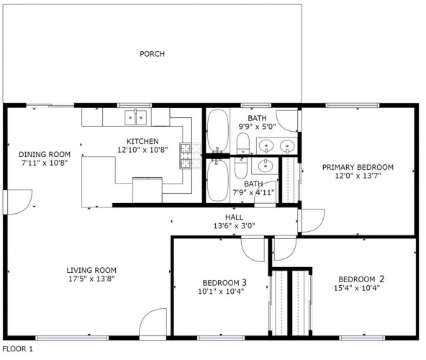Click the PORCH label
152,54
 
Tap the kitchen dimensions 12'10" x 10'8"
142,150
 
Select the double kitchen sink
135,117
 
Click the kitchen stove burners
186,156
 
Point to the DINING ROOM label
45,155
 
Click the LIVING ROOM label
91,270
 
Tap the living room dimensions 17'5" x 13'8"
91,279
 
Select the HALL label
234,217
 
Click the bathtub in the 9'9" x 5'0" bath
218,131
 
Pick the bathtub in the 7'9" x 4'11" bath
218,180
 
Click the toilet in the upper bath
243,143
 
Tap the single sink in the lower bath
265,166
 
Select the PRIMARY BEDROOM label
358,167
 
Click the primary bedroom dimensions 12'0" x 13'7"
358,176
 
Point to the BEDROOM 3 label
225,283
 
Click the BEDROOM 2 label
361,279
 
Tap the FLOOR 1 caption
18,349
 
